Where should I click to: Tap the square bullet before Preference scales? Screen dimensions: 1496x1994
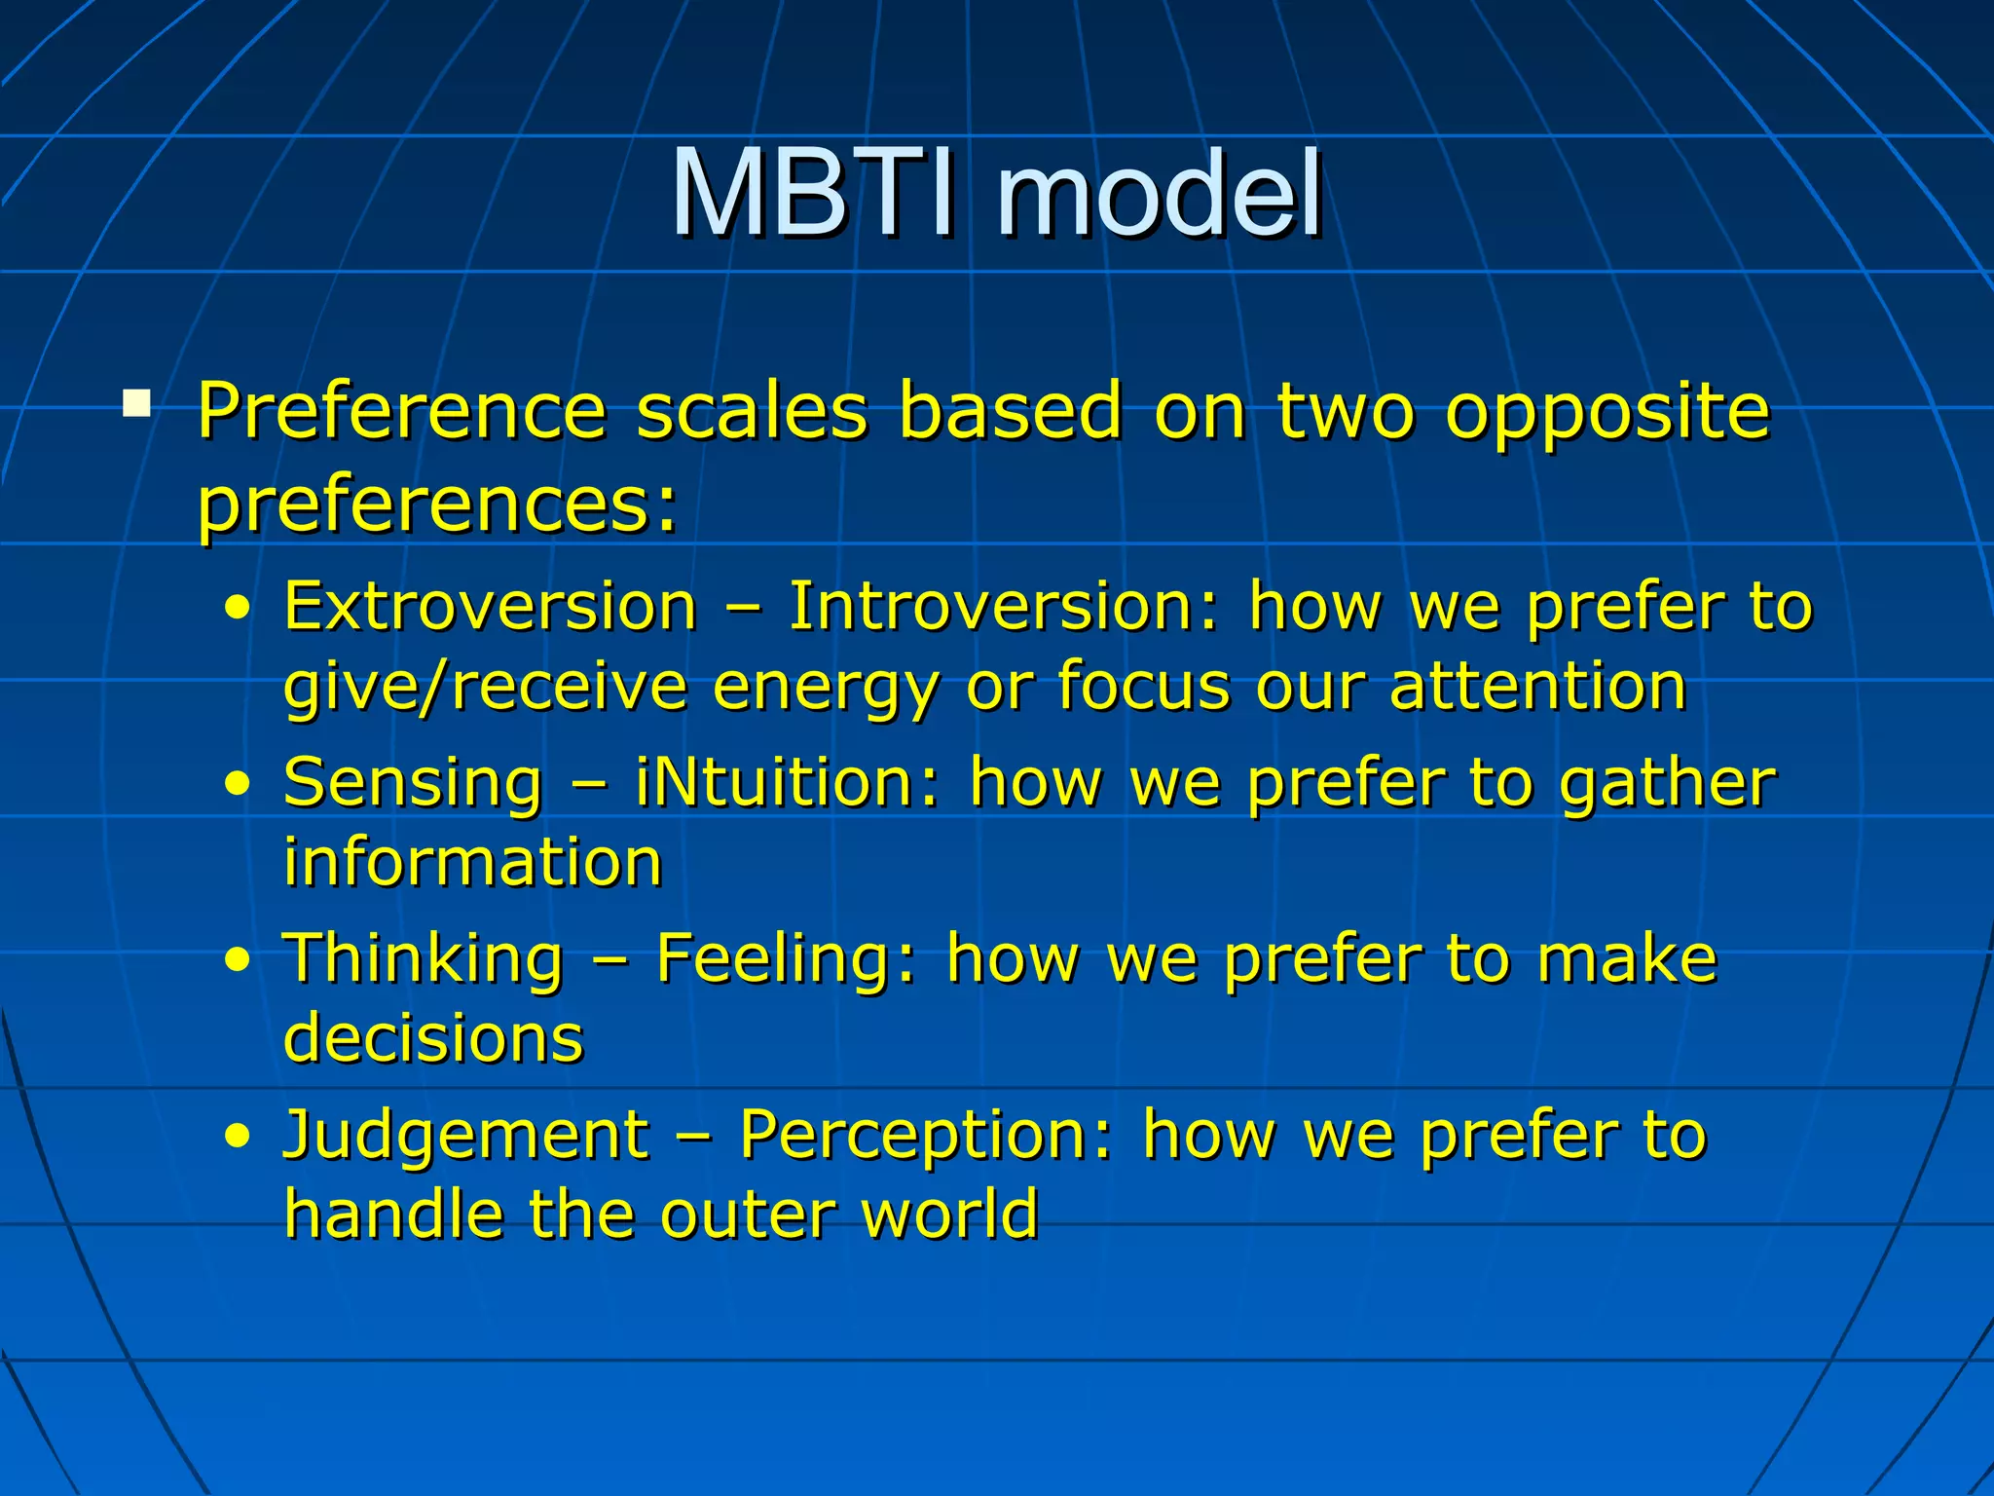[x=137, y=402]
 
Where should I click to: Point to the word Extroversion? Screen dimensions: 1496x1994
[x=490, y=606]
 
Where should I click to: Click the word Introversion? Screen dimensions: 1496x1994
[x=1003, y=606]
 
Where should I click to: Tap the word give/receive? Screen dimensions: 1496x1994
[x=485, y=688]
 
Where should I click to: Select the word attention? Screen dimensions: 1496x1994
[x=1537, y=686]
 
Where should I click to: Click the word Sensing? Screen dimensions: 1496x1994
[x=413, y=783]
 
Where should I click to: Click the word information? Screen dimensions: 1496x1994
[x=473, y=862]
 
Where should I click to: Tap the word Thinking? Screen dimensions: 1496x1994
[x=423, y=958]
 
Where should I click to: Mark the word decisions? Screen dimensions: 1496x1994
[x=433, y=1037]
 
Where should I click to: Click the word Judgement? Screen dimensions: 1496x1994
[x=465, y=1136]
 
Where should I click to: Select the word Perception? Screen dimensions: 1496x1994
[x=926, y=1136]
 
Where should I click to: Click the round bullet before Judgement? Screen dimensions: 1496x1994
[x=237, y=1137]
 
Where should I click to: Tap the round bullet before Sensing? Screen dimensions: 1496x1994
[x=237, y=784]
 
